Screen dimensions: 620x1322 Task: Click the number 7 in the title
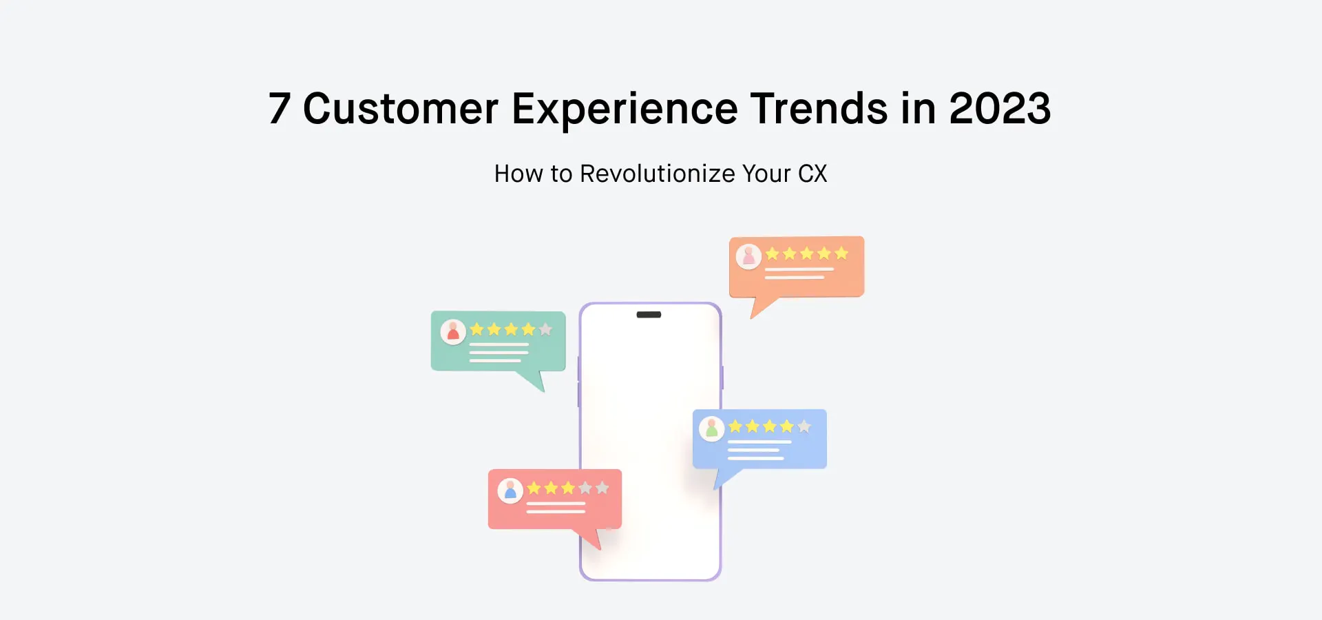point(280,109)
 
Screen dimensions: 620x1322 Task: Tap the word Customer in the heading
point(400,109)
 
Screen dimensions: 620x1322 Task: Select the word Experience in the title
point(625,109)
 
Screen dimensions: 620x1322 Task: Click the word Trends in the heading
point(819,109)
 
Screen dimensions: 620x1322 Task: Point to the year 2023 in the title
point(1000,109)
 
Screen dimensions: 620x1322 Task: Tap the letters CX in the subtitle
point(812,174)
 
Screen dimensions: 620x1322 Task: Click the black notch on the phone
point(649,315)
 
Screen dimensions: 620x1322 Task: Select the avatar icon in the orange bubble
point(748,256)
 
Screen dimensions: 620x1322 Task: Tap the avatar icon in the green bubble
point(453,332)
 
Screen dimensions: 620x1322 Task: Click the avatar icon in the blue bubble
point(712,428)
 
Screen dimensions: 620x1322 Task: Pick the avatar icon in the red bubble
point(510,490)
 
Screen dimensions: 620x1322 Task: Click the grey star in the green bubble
point(545,329)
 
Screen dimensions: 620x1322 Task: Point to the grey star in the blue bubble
point(804,426)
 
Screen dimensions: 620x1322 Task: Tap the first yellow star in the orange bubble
point(773,254)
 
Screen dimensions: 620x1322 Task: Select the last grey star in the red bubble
point(602,488)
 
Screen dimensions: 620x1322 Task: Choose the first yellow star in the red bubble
point(534,488)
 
